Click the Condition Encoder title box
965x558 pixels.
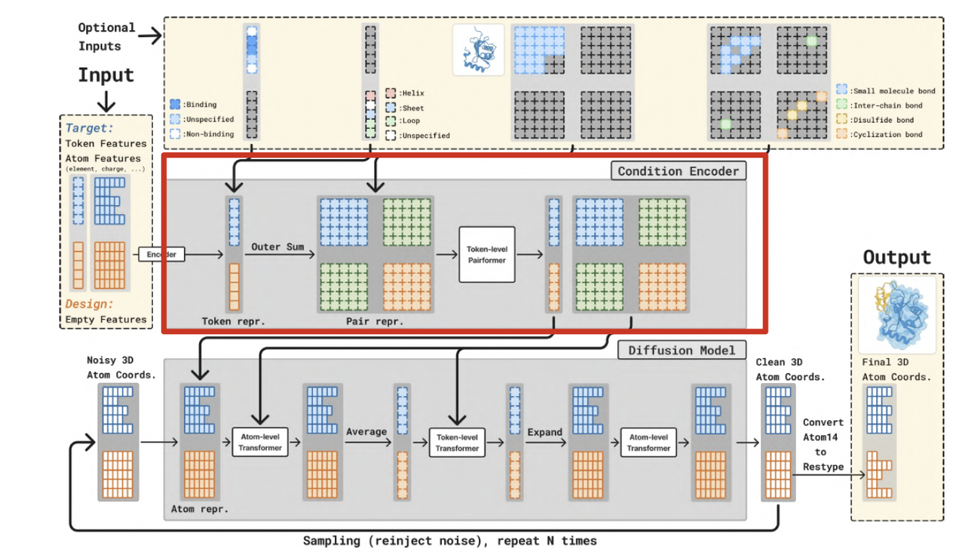(679, 171)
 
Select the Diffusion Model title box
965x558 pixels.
(682, 350)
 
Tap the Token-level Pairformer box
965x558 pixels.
(486, 255)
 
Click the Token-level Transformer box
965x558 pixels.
(457, 443)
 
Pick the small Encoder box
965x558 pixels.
(161, 255)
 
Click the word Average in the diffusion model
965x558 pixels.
(366, 432)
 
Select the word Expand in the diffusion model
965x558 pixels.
(544, 432)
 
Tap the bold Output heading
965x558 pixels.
(897, 257)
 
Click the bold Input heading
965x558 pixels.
(106, 75)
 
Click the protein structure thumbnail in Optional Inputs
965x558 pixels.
(478, 50)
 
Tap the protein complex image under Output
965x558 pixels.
(896, 314)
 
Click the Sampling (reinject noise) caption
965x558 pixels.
(449, 541)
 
